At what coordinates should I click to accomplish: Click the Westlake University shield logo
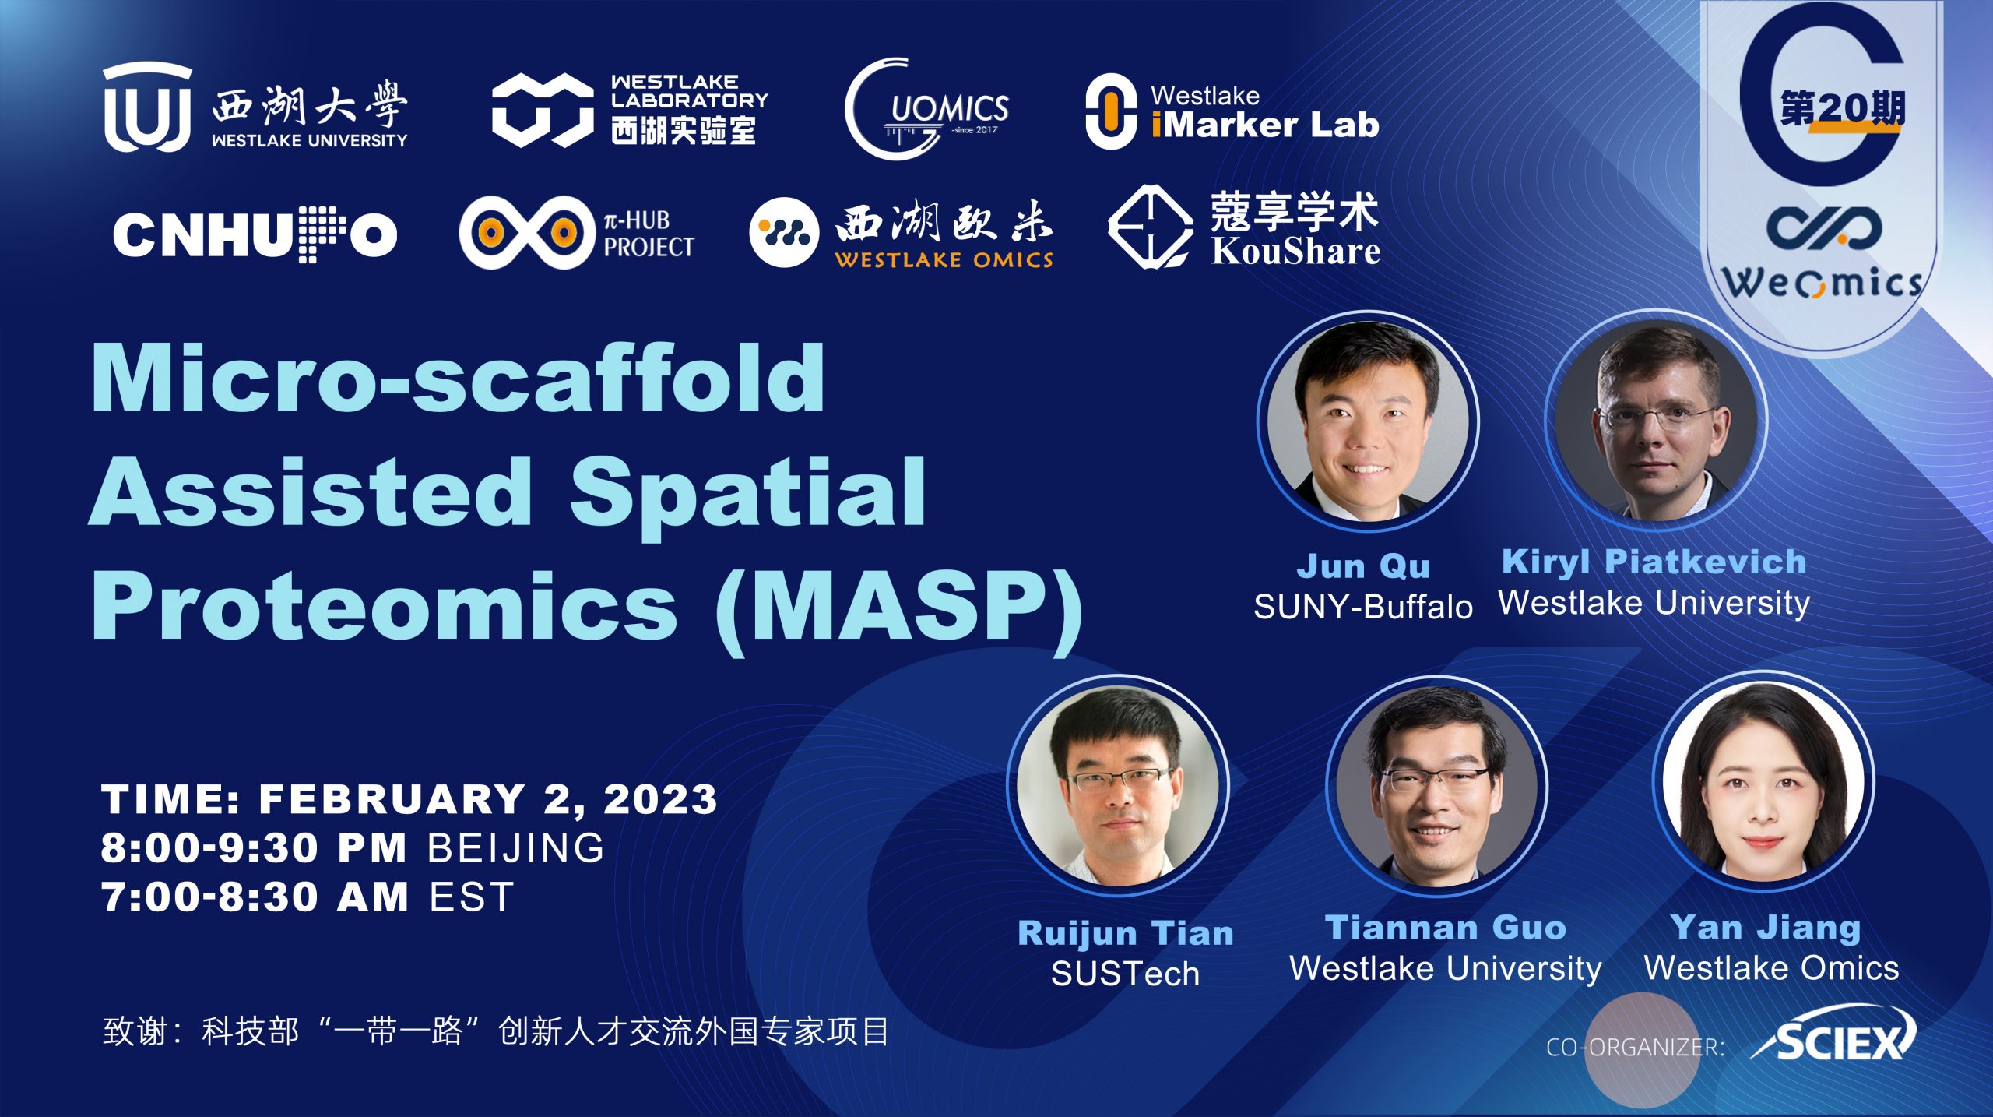click(147, 107)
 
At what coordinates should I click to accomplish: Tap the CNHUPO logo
click(255, 234)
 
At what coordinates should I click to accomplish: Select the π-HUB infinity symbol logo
click(527, 232)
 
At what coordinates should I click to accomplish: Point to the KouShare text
click(1295, 251)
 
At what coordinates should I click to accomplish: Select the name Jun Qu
click(1363, 566)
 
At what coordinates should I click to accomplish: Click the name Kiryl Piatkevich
click(1654, 562)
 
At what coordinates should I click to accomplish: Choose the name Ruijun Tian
click(1126, 933)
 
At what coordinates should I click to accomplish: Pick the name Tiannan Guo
click(1446, 928)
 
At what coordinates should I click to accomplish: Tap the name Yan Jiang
click(1766, 928)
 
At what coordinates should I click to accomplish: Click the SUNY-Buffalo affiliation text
click(1363, 607)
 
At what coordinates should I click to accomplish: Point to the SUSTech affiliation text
click(1126, 974)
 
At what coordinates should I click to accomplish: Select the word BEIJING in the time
click(516, 847)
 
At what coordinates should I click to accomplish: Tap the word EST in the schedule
click(472, 897)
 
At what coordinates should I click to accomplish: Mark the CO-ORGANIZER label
click(1635, 1047)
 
